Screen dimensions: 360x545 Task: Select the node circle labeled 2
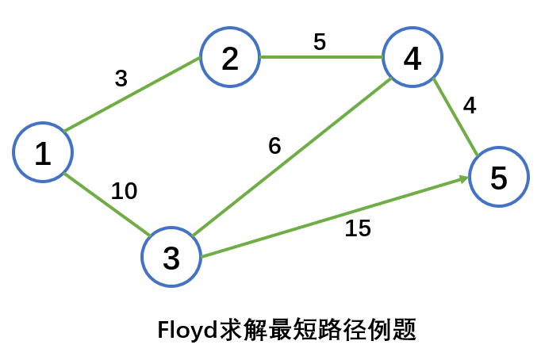coord(230,58)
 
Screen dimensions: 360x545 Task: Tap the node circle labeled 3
coord(171,258)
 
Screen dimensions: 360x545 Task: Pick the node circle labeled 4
coord(413,58)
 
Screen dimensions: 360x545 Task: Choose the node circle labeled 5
coord(498,178)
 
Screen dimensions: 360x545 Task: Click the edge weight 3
coord(121,79)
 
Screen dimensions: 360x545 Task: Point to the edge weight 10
coord(124,191)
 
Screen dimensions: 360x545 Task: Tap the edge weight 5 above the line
coord(319,41)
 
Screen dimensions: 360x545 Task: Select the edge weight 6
coord(274,147)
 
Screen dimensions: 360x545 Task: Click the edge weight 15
coord(358,228)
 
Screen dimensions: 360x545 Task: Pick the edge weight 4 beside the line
coord(470,106)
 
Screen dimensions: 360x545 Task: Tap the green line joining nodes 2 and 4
coord(321,57)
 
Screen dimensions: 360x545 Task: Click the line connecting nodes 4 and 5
coord(455,117)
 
